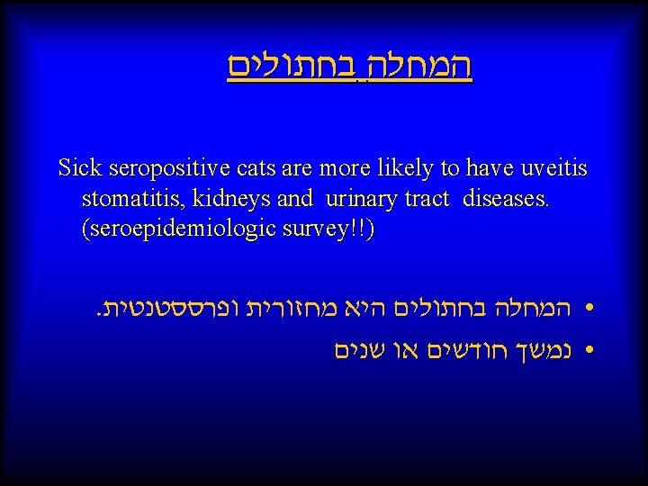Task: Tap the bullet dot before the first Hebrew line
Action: [x=589, y=311]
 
